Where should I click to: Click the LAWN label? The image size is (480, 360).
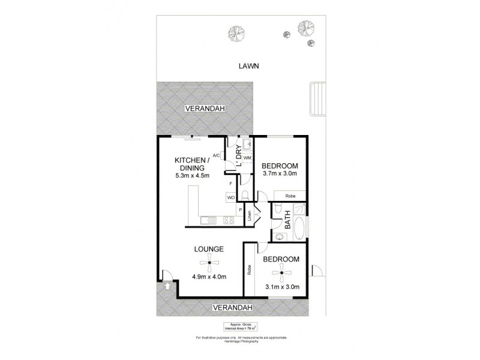(x=248, y=67)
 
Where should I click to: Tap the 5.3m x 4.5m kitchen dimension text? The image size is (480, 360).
(x=192, y=176)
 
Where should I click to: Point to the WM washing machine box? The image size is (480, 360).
(x=247, y=158)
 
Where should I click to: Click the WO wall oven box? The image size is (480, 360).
(x=230, y=197)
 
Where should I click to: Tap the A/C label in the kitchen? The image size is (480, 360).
(x=217, y=155)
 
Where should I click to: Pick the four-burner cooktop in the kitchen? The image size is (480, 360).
(x=228, y=220)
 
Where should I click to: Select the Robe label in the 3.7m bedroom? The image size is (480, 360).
(x=290, y=196)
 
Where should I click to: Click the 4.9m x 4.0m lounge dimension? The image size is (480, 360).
(x=208, y=277)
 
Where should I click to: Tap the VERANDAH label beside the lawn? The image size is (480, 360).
(x=205, y=109)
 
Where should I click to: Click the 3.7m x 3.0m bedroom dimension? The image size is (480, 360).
(x=280, y=175)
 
